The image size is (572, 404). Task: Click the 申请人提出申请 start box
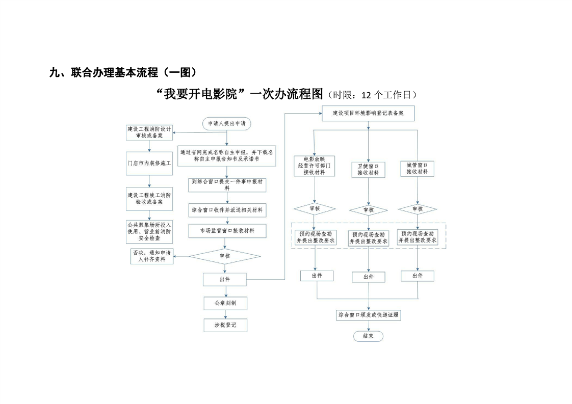226,124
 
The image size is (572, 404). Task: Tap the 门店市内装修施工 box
149,164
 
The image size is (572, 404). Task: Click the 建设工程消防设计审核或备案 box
149,132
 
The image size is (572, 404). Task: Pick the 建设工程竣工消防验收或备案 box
149,198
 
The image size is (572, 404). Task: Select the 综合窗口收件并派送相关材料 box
227,210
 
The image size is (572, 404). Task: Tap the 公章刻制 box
225,303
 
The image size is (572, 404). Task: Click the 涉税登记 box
225,325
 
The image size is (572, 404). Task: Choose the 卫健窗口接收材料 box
368,169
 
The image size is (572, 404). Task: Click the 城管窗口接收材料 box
417,169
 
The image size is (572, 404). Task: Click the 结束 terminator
368,336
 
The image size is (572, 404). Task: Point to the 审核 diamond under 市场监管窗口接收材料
225,256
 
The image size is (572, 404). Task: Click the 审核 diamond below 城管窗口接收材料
417,209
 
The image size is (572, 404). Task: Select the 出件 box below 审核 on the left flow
225,279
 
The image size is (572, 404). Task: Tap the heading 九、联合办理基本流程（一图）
123,73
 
